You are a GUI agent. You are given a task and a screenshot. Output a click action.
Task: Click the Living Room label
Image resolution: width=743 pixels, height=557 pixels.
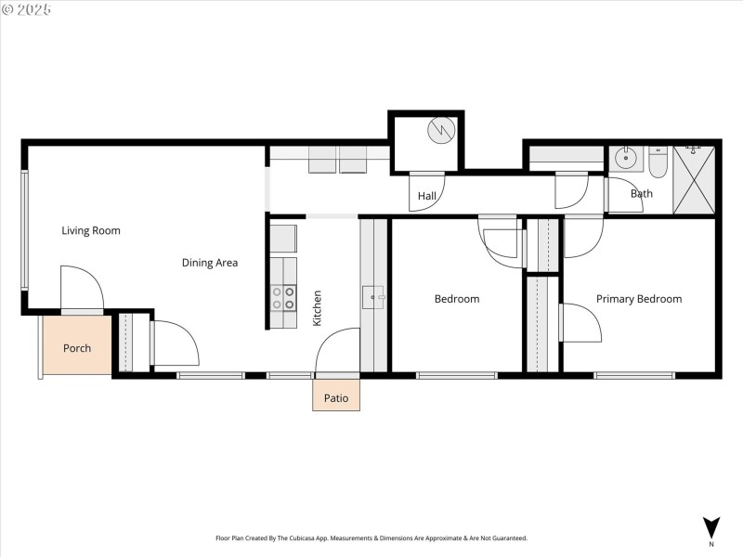coord(91,230)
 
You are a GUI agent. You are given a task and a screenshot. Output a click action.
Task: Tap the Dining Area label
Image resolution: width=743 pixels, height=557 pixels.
coord(209,263)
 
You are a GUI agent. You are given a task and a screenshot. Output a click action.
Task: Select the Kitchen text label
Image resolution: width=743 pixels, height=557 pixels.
coord(317,307)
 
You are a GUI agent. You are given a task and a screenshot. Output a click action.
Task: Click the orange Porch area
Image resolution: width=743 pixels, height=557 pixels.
coord(76,348)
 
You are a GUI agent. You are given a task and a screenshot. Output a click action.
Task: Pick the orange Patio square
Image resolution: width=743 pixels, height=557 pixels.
coord(335,396)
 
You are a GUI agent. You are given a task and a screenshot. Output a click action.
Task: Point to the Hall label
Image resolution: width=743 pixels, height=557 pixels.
coord(426,196)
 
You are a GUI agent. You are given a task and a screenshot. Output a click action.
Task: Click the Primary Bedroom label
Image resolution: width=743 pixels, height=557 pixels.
coord(638,299)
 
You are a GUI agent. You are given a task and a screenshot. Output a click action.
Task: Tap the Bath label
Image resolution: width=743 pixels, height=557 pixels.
coord(641,194)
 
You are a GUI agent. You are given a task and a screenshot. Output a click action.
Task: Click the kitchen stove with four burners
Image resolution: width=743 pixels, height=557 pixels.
coord(283,297)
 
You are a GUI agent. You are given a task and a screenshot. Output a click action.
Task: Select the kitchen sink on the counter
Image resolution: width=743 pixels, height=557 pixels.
coord(373,297)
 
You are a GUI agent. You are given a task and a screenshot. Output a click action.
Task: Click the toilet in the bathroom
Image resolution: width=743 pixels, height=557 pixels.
coord(658,162)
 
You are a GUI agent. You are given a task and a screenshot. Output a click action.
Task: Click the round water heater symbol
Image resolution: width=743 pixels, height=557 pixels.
coord(440,130)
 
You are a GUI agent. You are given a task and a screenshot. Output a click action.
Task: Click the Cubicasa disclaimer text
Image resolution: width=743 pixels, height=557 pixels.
coord(371,538)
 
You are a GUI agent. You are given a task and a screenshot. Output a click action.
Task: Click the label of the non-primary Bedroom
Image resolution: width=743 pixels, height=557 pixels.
coord(457,299)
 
